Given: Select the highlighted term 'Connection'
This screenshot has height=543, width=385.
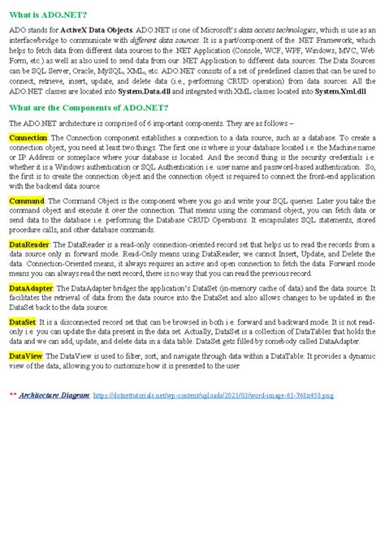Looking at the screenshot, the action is point(28,138).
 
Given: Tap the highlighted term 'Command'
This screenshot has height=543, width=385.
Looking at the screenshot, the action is point(27,200).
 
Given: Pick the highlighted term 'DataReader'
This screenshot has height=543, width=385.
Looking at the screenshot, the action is point(29,243).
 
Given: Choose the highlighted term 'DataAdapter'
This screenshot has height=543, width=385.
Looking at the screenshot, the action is point(32,287).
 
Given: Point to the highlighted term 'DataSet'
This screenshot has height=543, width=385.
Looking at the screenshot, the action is point(22,322).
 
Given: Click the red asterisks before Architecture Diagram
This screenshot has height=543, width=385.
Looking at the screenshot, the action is point(12,394).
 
